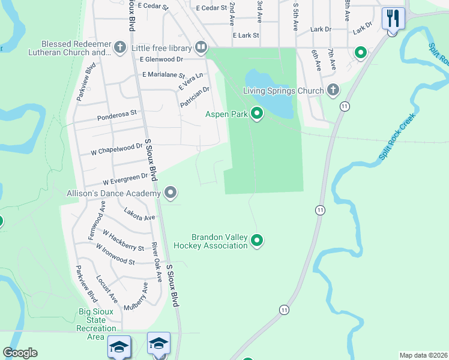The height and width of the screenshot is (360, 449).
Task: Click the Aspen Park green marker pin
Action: tap(257, 113)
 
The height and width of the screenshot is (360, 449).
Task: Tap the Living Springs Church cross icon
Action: tap(333, 91)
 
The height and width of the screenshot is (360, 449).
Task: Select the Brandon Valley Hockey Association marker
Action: tap(257, 241)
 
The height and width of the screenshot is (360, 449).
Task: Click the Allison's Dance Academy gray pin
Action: tap(170, 193)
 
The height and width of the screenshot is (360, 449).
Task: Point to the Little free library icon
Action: tap(200, 47)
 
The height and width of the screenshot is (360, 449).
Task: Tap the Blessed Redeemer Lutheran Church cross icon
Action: tap(119, 47)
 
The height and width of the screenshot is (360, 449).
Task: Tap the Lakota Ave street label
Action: tap(139, 214)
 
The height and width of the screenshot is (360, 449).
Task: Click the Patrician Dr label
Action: tap(194, 98)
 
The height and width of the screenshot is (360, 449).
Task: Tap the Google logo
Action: tap(20, 352)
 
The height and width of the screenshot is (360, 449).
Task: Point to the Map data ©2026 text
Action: tap(423, 355)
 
